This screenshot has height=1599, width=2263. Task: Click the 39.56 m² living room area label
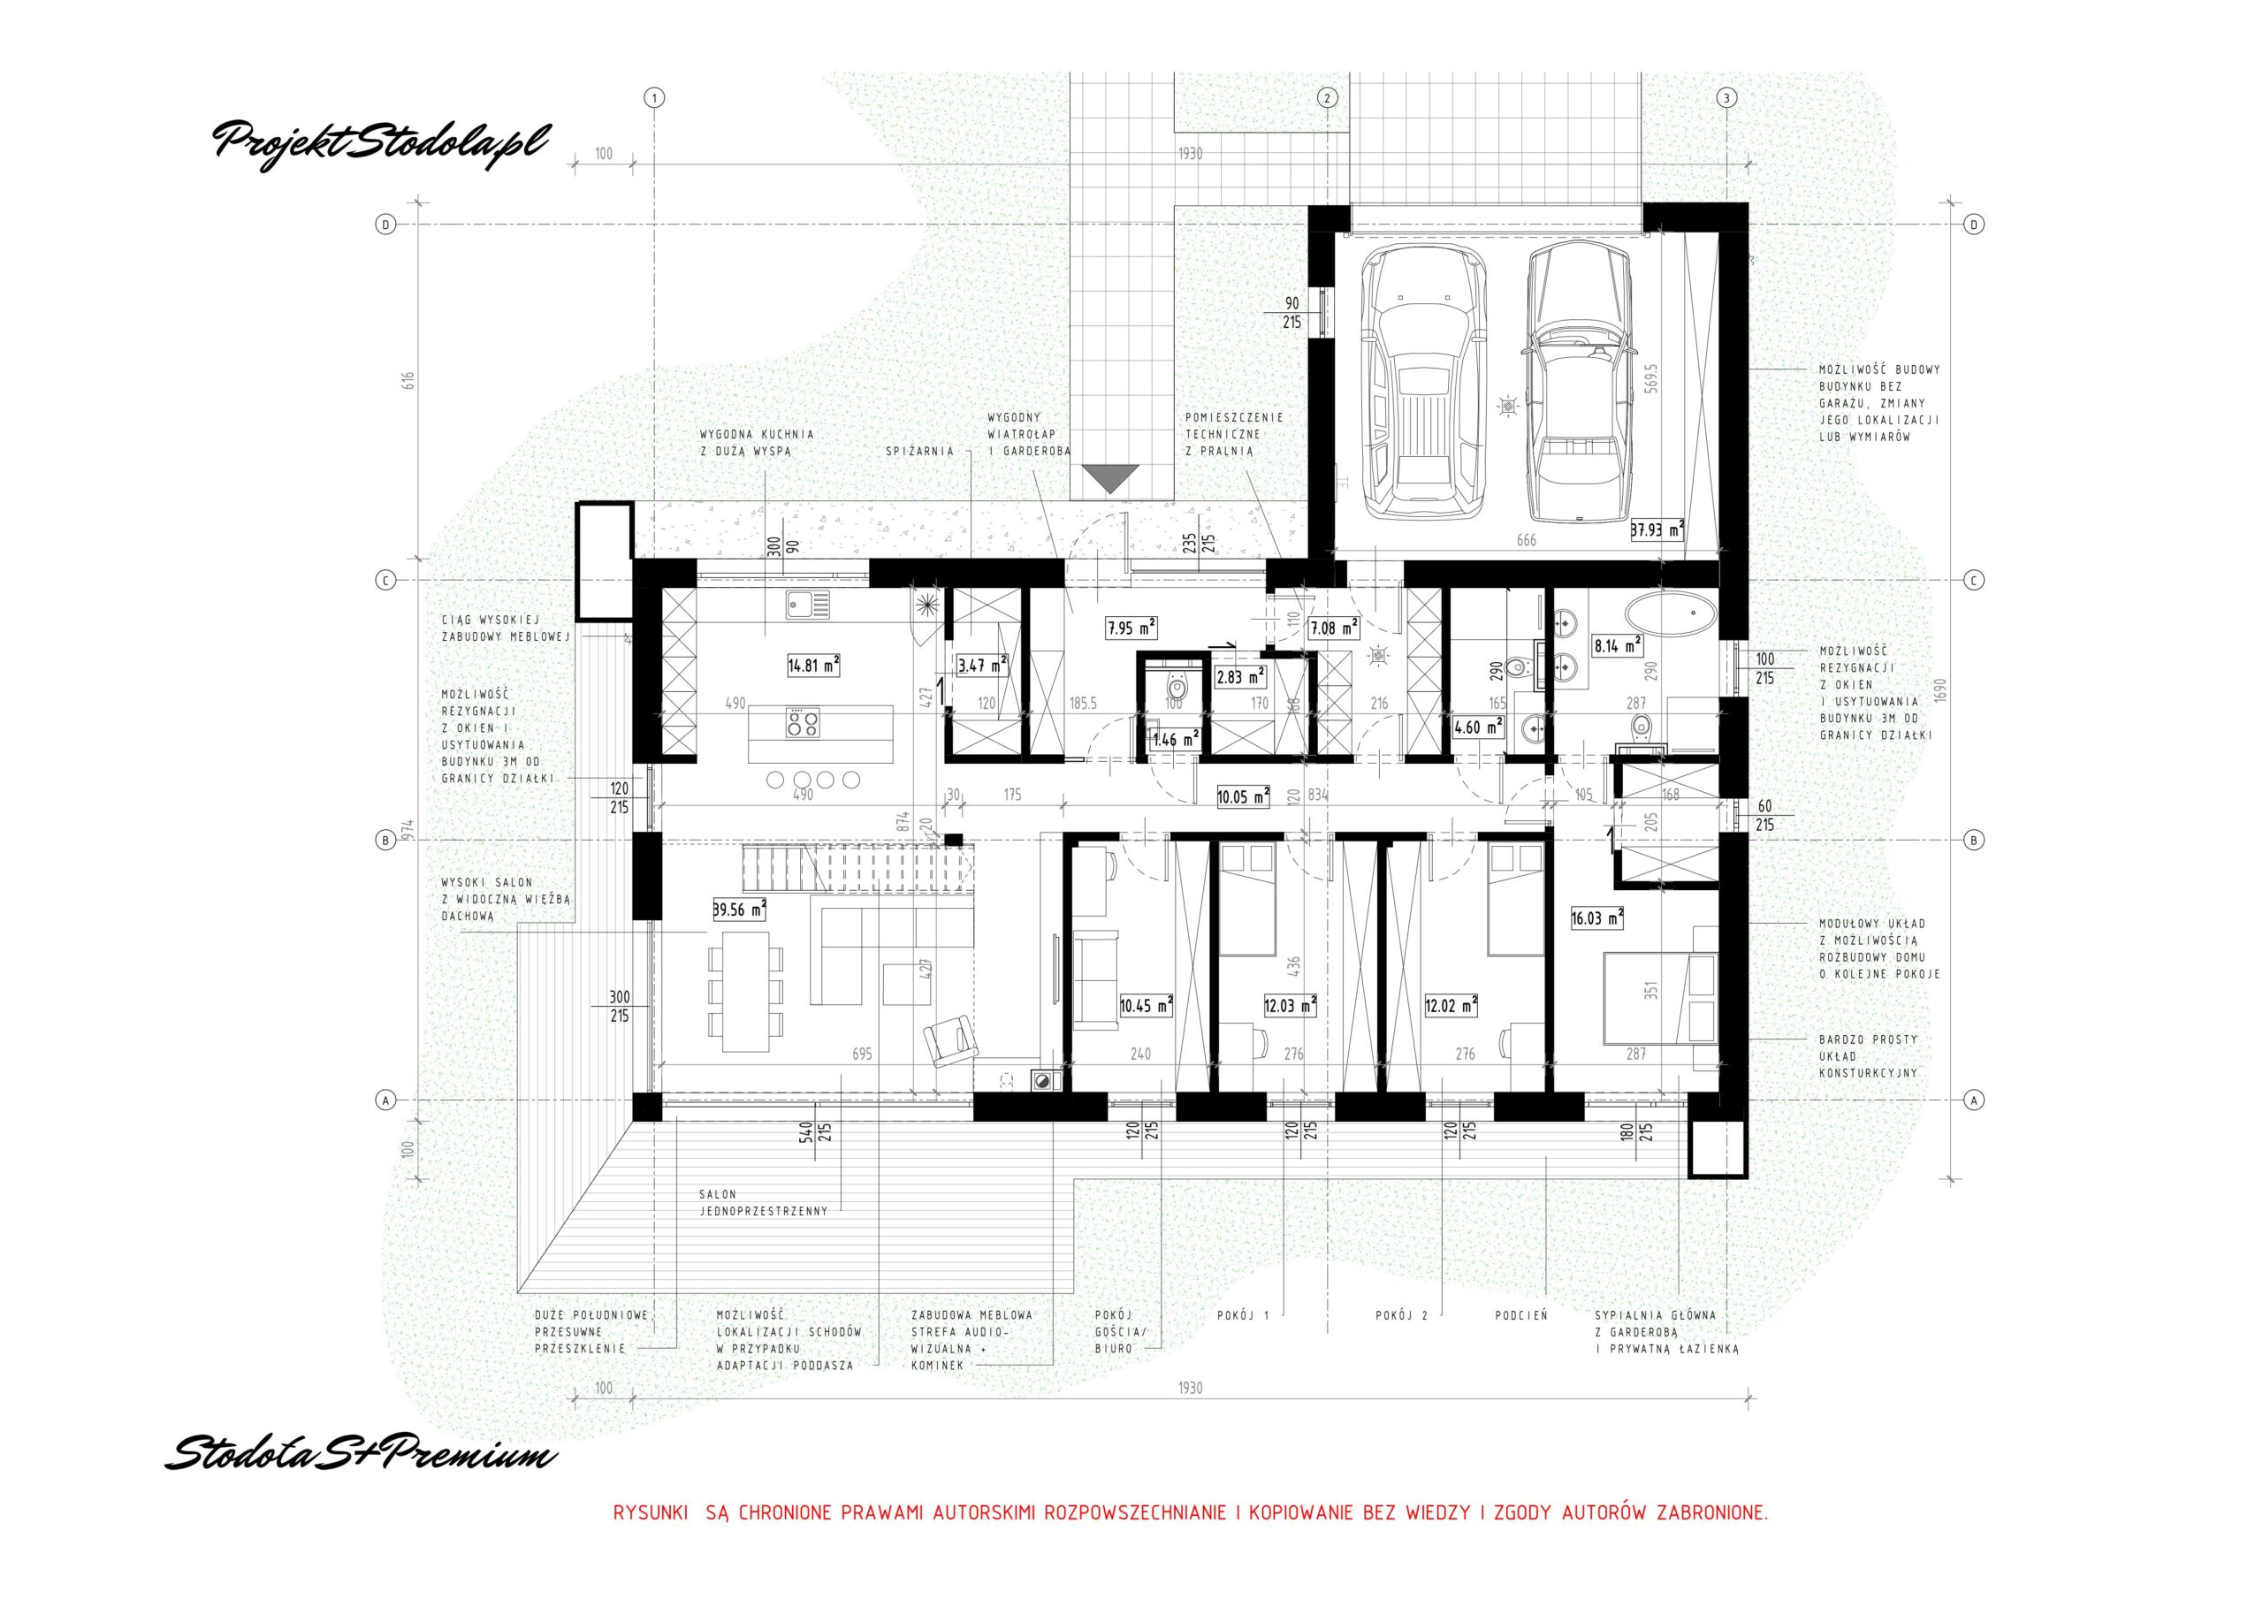pyautogui.click(x=739, y=910)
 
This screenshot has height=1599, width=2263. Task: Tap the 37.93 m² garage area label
pyautogui.click(x=1657, y=530)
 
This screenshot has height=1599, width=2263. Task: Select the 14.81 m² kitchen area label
pyautogui.click(x=813, y=666)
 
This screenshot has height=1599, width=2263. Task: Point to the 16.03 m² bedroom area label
pyautogui.click(x=1596, y=918)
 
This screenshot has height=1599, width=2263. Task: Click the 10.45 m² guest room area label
pyautogui.click(x=1147, y=1006)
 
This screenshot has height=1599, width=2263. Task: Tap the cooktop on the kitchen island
pyautogui.click(x=801, y=724)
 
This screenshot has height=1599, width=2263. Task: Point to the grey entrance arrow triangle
pyautogui.click(x=1109, y=479)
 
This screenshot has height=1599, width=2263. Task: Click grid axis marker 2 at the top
pyautogui.click(x=1327, y=97)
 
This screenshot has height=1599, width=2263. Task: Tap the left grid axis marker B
pyautogui.click(x=385, y=840)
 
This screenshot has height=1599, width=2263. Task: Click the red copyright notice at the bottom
pyautogui.click(x=1190, y=1540)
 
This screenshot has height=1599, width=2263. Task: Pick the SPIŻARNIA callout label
pyautogui.click(x=919, y=451)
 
